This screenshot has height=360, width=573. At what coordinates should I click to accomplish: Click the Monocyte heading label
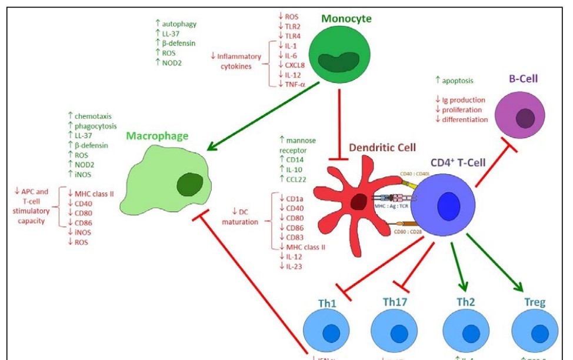pos(346,18)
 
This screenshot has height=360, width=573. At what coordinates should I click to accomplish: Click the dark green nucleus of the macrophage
pos(190,185)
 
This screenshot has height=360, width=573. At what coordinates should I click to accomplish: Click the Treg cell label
pos(534,302)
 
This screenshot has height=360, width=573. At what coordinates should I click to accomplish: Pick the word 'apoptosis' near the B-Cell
pos(457,79)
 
